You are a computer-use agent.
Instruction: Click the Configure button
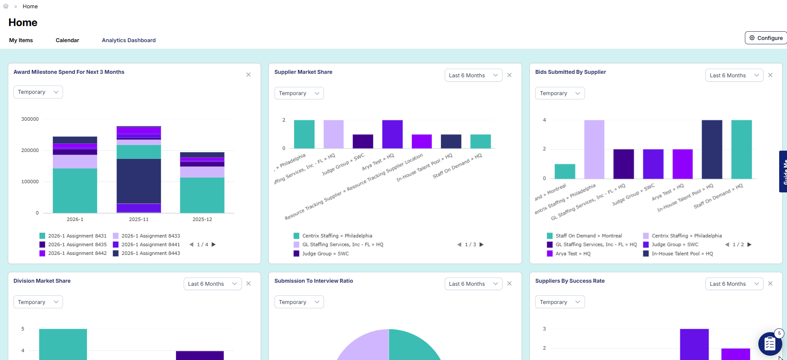pos(766,38)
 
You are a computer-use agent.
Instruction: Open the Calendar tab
pos(67,40)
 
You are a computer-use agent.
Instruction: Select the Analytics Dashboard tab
pos(129,40)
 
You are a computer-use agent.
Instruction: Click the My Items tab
pos(21,40)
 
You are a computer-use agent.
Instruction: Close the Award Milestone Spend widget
pos(248,75)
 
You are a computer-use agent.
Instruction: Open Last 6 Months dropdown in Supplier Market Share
pos(473,76)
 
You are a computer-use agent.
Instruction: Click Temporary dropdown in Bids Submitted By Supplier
pos(559,93)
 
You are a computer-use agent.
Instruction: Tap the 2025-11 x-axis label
pos(139,219)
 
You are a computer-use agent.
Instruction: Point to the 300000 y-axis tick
pos(30,119)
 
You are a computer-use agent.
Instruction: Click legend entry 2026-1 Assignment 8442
pos(77,253)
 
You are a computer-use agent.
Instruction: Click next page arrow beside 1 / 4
pos(214,244)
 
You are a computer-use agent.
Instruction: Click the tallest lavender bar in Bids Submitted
pos(594,149)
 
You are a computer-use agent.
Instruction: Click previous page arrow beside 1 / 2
pos(727,244)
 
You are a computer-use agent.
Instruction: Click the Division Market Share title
pos(42,281)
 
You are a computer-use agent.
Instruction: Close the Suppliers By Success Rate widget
pos(770,284)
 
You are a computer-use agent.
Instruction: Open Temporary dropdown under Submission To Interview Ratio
pos(299,302)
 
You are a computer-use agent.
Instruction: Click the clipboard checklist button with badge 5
pos(770,344)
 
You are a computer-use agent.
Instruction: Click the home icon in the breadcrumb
pos(6,6)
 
